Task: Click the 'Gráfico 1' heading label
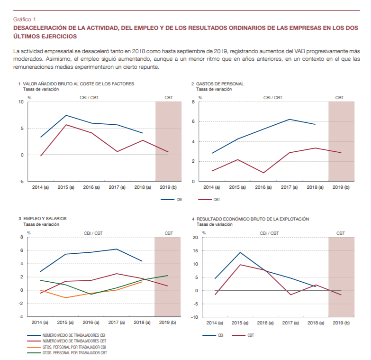pyautogui.click(x=25, y=19)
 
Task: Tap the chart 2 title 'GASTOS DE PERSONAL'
pyautogui.click(x=219, y=83)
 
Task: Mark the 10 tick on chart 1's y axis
pyautogui.click(x=21, y=102)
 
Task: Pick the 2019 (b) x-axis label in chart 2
pyautogui.click(x=341, y=188)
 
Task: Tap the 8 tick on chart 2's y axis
pyautogui.click(x=194, y=102)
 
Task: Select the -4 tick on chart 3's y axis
pyautogui.click(x=20, y=316)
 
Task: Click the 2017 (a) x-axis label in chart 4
pyautogui.click(x=290, y=323)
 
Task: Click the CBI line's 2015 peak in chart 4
pyautogui.click(x=240, y=252)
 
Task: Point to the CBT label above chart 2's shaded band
pyautogui.click(x=340, y=97)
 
